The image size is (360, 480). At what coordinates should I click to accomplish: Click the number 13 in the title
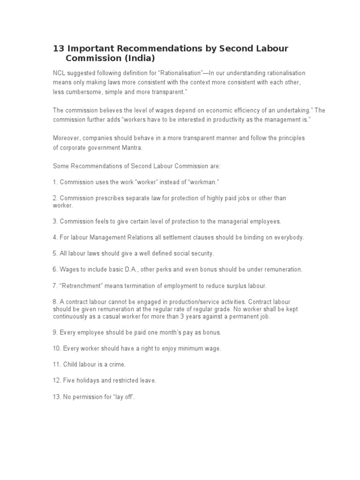[x=58, y=49]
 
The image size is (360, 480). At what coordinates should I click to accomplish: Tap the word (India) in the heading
[x=137, y=58]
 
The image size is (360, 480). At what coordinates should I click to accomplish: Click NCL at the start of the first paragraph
[x=59, y=73]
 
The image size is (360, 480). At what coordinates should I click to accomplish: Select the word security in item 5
[x=202, y=253]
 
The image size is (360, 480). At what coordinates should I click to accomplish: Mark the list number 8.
[x=55, y=302]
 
